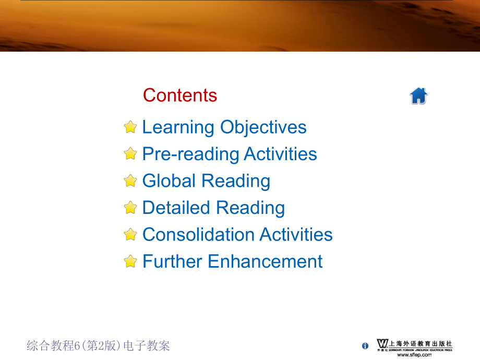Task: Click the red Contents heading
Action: tap(180, 95)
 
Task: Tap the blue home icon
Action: tap(418, 96)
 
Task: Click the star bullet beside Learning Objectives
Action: tap(130, 127)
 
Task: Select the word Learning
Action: tap(178, 127)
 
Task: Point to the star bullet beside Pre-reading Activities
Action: tap(130, 154)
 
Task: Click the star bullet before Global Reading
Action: tap(130, 181)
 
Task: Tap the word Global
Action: tap(170, 181)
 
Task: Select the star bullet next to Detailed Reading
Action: tap(130, 208)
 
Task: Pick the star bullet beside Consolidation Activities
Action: tap(130, 234)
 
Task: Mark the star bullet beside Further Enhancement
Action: tap(130, 261)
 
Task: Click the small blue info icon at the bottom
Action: tap(365, 346)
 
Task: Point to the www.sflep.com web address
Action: tap(415, 354)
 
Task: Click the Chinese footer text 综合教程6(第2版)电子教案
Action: tap(98, 345)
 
